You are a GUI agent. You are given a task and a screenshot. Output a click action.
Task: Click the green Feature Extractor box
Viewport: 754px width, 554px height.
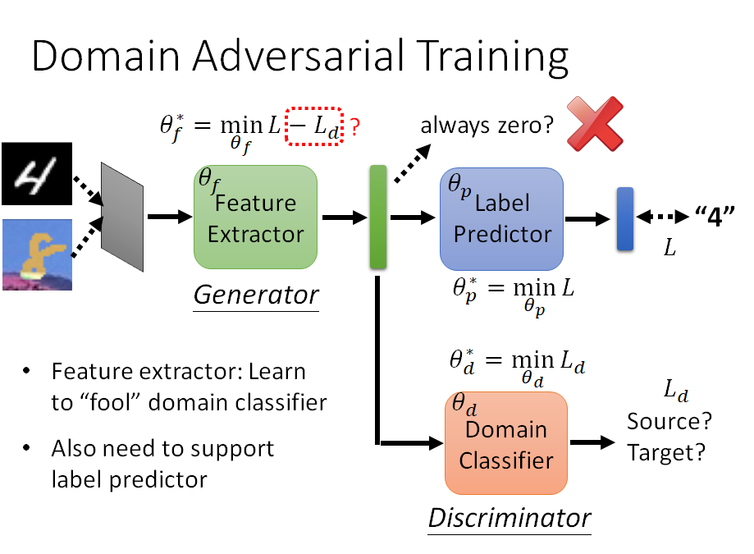tap(255, 217)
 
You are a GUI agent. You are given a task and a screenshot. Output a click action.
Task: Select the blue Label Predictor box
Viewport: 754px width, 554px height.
tap(501, 218)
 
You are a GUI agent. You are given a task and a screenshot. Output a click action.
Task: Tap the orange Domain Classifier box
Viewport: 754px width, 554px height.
tap(505, 443)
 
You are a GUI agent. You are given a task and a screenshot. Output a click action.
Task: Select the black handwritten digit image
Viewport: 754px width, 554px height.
tap(36, 174)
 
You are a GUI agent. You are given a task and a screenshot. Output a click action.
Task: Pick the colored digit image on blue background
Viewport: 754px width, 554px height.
tap(36, 254)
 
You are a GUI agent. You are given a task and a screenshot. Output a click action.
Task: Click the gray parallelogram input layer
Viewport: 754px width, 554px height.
tap(121, 206)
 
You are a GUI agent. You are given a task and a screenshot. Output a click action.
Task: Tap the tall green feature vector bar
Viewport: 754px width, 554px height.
tap(378, 217)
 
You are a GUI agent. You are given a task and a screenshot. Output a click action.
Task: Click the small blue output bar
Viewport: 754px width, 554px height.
tap(625, 218)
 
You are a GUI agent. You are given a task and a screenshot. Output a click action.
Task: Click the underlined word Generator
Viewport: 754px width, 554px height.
tap(255, 294)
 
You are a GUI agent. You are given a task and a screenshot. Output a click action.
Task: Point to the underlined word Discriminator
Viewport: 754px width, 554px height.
tap(509, 518)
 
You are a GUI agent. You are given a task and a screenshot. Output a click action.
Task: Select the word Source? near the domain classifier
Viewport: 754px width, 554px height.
tap(669, 422)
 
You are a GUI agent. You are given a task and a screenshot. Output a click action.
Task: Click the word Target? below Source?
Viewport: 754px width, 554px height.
tap(666, 452)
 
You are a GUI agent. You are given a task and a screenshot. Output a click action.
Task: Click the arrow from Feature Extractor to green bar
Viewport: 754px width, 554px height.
tap(344, 217)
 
